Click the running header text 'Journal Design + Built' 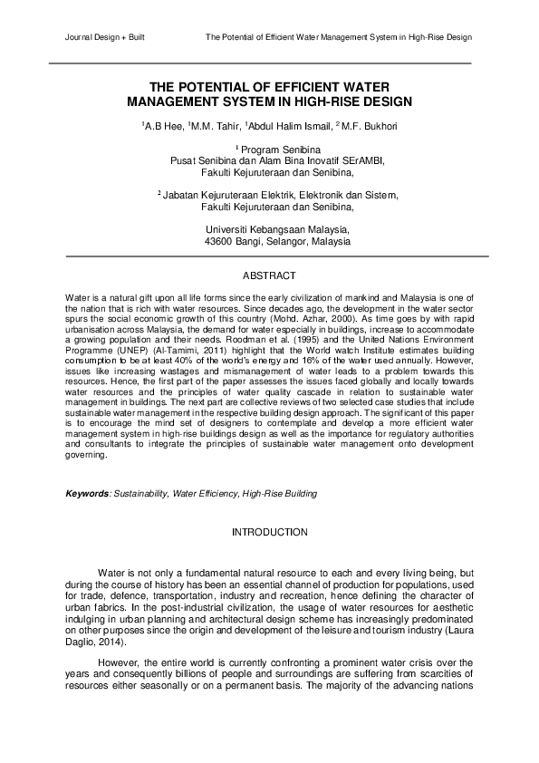[x=106, y=38]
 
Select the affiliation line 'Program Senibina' [x=271, y=148]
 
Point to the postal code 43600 [x=221, y=242]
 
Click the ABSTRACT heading [x=269, y=274]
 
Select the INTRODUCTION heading [x=270, y=531]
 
